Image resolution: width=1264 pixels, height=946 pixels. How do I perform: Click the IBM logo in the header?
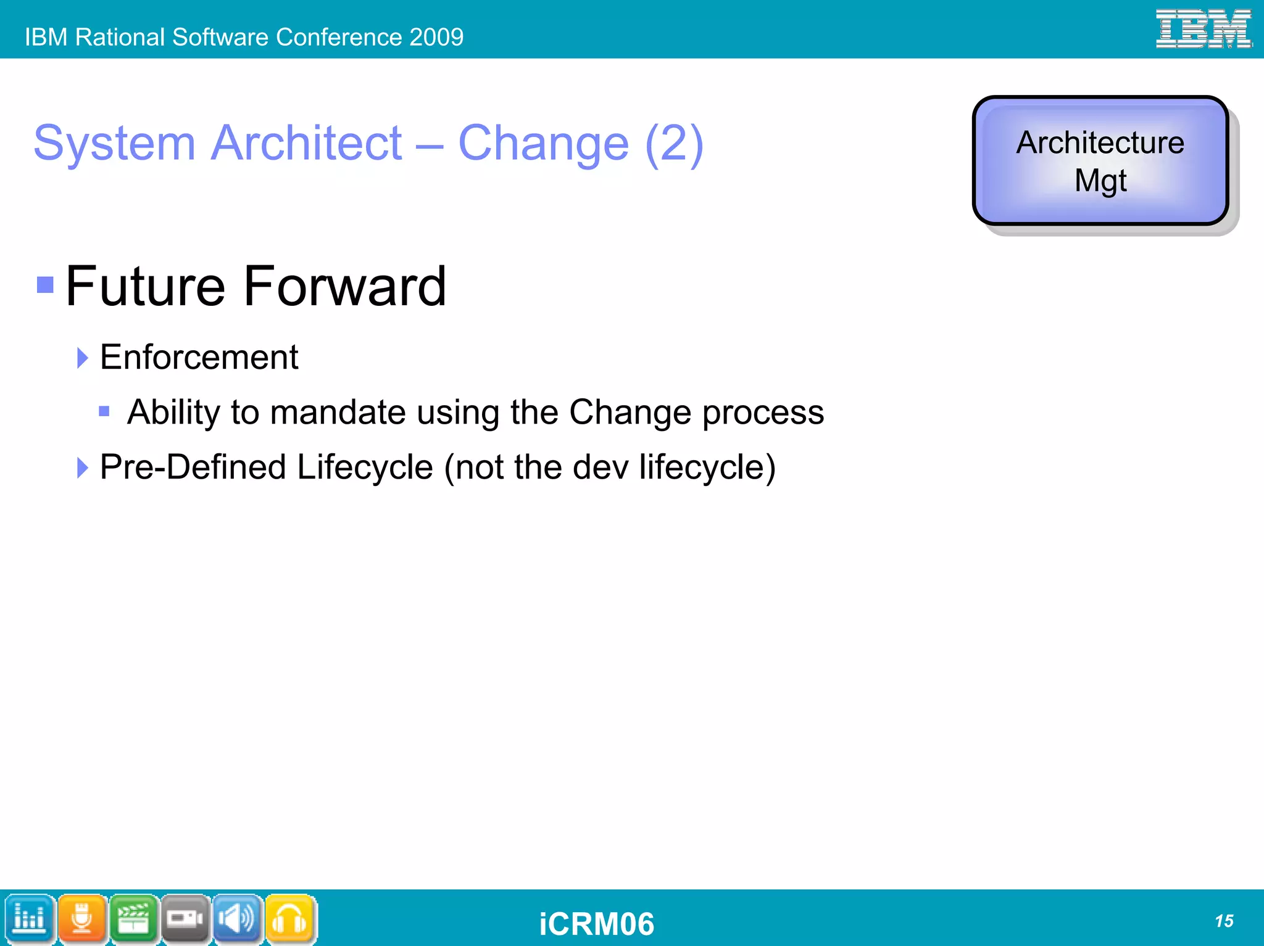coord(1203,28)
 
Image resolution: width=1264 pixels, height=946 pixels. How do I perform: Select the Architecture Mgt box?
coord(1100,161)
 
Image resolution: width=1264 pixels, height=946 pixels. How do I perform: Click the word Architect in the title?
coord(307,143)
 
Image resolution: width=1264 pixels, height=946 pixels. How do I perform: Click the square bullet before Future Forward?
coord(45,285)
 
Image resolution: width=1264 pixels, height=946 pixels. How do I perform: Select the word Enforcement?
coord(199,357)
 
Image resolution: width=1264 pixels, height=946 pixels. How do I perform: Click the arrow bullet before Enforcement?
coord(82,358)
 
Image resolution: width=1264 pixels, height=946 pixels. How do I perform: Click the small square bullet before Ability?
coord(104,411)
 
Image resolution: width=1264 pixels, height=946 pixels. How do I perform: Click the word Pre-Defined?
coord(193,467)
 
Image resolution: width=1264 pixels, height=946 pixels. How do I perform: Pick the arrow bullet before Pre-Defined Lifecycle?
coord(82,467)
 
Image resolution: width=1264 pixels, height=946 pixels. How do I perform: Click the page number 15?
coord(1223,921)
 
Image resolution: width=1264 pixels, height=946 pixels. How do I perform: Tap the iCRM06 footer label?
coord(596,924)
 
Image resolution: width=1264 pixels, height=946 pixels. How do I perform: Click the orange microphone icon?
coord(82,919)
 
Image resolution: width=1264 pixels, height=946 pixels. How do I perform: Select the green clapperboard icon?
coord(133,919)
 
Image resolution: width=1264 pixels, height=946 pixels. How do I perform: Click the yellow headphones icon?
coord(289,919)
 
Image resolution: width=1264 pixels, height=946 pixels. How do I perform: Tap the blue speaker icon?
coord(237,919)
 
